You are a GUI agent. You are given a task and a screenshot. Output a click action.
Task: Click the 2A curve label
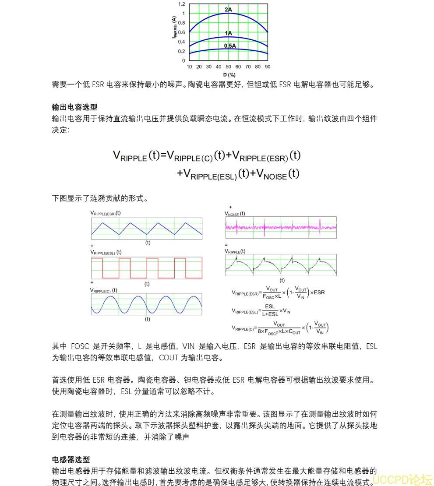(228, 10)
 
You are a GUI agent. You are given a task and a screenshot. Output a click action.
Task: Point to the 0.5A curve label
(230, 46)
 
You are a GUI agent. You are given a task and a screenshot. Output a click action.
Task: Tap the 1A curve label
(229, 33)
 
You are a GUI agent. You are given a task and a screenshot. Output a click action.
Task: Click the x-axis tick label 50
(228, 67)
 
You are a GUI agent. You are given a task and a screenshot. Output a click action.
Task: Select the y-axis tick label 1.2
(181, 4)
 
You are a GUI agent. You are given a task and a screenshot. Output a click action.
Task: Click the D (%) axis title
(229, 74)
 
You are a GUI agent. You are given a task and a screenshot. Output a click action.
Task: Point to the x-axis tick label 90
(267, 67)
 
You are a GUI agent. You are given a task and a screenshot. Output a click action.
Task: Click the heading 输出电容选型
(74, 107)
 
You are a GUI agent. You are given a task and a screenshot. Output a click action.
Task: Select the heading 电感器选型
(71, 460)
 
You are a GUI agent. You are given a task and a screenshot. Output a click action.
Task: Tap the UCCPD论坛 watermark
(402, 479)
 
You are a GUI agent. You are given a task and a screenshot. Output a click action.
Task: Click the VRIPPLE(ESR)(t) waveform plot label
(106, 213)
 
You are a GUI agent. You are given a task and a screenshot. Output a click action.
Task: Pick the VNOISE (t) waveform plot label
(235, 214)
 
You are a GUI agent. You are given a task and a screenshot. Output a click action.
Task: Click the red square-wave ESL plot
(147, 268)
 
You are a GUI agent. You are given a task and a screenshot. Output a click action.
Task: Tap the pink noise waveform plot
(281, 227)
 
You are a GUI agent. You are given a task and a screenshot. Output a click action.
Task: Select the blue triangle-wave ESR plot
(147, 228)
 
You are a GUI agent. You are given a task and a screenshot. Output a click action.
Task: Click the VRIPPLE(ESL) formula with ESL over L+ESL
(261, 310)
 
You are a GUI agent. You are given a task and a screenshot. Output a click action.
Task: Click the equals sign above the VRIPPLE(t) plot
(226, 244)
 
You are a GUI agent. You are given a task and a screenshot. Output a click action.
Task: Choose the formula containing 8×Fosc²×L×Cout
(280, 328)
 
